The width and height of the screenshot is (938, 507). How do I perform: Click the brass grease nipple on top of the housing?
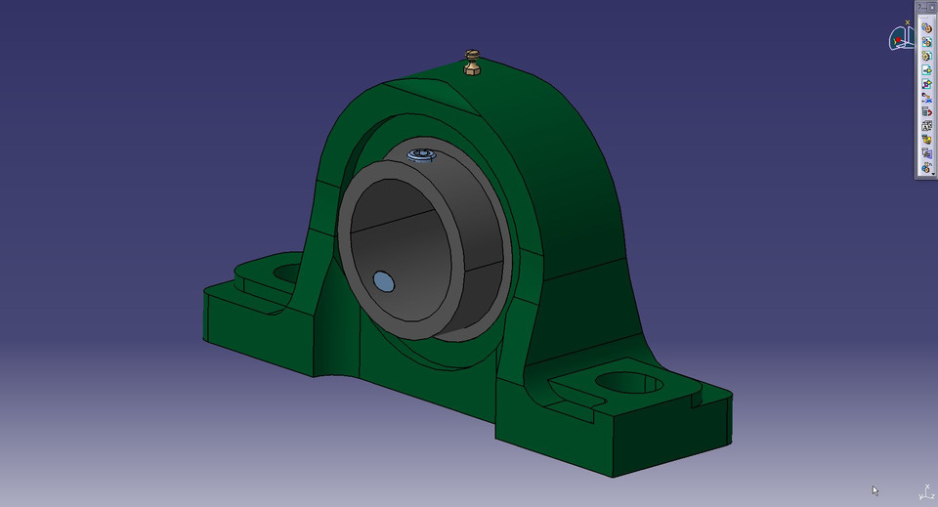coord(472,63)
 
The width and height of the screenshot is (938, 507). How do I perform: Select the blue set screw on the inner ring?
coord(422,154)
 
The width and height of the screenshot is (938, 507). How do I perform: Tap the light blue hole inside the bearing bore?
coord(384,282)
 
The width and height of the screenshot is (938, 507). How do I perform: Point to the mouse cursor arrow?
coord(875,490)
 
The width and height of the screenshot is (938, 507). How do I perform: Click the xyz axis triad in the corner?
coord(924,491)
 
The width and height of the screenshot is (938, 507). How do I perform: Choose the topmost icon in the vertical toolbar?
coord(926,27)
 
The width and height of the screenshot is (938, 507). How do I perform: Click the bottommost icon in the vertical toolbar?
coord(926,168)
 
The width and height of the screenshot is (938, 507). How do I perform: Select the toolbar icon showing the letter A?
coord(926,126)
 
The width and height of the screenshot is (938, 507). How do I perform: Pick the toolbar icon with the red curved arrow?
coord(926,111)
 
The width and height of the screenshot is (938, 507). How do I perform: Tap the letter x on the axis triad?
coord(919,496)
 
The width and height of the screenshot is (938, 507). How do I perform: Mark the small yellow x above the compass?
coord(908,21)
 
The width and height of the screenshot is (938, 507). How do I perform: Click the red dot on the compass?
coord(897,41)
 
